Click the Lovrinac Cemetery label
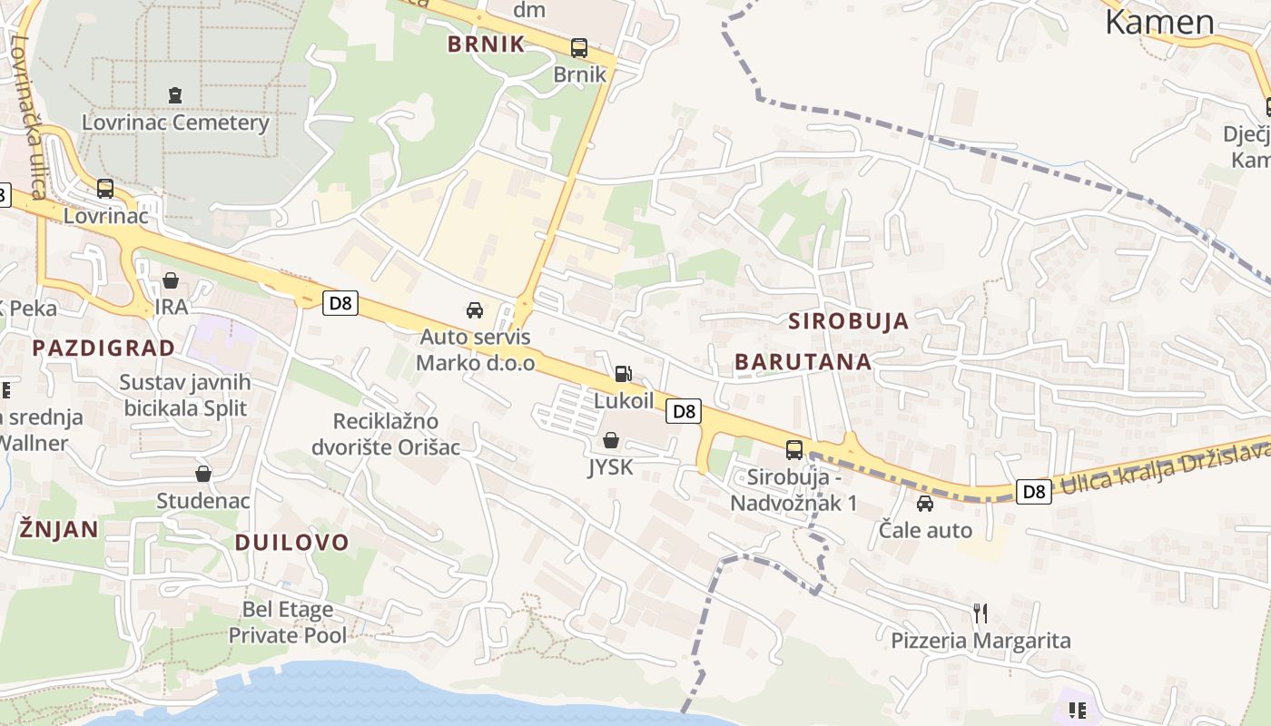point(175,123)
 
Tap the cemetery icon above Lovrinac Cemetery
point(175,94)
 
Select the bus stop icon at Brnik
point(578,47)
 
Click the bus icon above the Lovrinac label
point(105,189)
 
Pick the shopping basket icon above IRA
point(171,280)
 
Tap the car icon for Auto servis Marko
point(475,310)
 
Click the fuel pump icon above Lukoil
point(623,373)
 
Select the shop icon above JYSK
point(611,441)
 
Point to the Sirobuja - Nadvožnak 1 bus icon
point(793,449)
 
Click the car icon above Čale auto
point(925,503)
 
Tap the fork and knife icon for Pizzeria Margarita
point(980,613)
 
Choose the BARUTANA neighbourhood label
point(803,361)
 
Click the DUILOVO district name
point(291,543)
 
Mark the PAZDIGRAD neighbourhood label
point(103,348)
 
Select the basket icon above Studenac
point(203,474)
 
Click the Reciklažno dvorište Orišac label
point(386,434)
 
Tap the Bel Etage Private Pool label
point(287,622)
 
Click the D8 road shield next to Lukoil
point(685,411)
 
